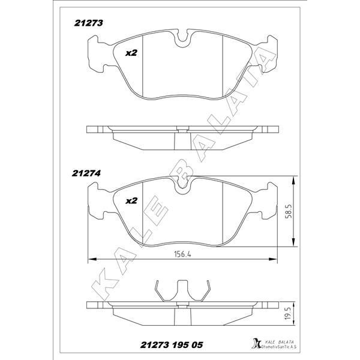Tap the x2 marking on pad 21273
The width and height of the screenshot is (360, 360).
(131, 53)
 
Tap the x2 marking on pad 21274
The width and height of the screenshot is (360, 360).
(131, 202)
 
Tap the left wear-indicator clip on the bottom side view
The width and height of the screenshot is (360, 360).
(158, 291)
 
